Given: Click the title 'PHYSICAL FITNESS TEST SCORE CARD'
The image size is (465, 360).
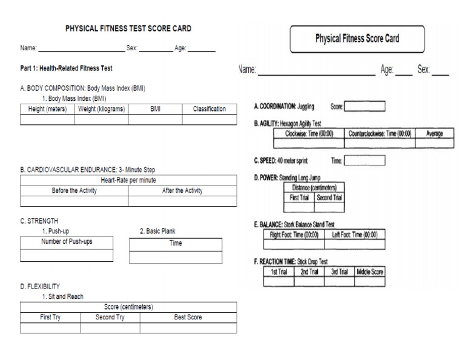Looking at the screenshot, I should point(128,28).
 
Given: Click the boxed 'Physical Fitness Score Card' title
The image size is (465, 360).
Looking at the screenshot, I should point(357,39).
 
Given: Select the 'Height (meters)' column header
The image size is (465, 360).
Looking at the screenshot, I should point(47,109).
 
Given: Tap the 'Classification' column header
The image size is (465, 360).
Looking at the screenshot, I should point(209,109).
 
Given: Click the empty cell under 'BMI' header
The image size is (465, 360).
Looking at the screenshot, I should point(155,119).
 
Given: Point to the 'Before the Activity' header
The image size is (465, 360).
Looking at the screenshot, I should point(74,190).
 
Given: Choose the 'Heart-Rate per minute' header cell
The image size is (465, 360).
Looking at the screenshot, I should point(128,181).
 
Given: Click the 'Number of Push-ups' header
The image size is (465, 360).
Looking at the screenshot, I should point(67,242).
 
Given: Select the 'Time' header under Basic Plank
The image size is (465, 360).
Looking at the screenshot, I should point(176,243).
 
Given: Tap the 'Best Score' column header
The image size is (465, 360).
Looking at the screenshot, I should point(188,317).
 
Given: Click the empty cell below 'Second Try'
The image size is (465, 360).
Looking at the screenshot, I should point(110,328).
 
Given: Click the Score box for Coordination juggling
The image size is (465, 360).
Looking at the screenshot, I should point(364,107).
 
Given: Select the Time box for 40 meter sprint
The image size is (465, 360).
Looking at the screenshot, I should point(364,161).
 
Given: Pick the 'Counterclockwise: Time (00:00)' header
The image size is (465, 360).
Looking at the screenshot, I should point(380,134).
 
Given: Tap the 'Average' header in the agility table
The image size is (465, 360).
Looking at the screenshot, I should point(434,134).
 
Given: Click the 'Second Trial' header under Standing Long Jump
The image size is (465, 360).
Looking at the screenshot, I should point(329,198).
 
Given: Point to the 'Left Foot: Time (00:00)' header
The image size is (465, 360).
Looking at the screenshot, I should point(354,235).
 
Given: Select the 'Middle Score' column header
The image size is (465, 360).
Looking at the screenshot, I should point(369,272).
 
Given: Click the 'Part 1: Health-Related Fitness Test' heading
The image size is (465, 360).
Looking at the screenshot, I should point(66,68).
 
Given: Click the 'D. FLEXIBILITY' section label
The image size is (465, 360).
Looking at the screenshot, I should point(40,286).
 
